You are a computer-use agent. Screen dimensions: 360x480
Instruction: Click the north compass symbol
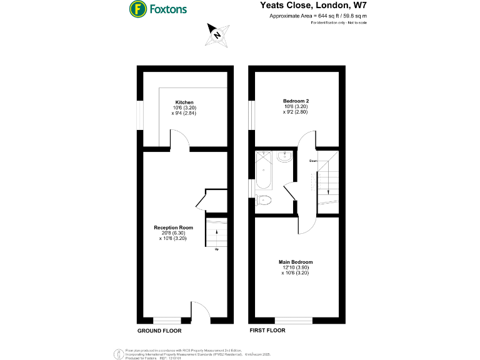coord(217,34)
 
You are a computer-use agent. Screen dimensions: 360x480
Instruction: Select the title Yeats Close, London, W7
coord(313,5)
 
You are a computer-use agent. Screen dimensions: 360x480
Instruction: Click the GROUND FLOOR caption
coord(159,330)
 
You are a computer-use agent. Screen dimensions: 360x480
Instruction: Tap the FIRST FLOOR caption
coord(267,330)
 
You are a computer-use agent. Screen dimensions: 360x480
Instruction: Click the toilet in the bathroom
coord(264,201)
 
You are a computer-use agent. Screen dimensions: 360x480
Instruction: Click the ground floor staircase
coord(216,232)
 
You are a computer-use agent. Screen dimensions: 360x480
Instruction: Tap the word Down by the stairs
coord(312,161)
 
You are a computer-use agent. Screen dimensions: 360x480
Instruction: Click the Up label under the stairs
coord(217,250)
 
